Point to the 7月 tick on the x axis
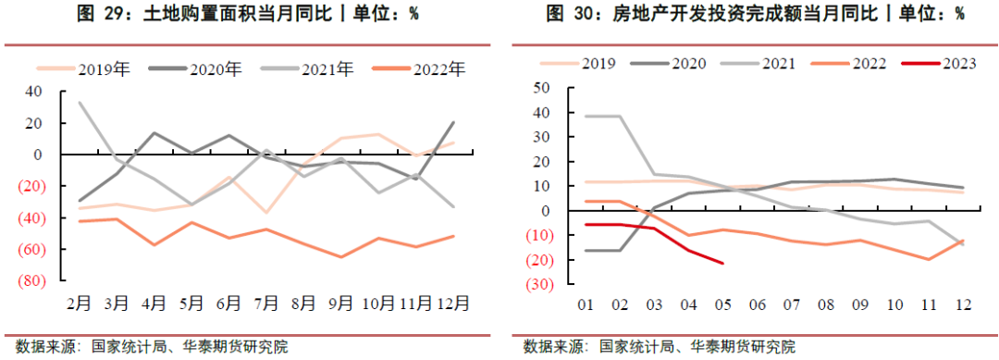pyautogui.click(x=267, y=302)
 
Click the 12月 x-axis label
pyautogui.click(x=451, y=302)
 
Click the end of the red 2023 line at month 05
pyautogui.click(x=722, y=263)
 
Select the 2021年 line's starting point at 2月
pyautogui.click(x=79, y=103)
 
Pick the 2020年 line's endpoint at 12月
pyautogui.click(x=452, y=122)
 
